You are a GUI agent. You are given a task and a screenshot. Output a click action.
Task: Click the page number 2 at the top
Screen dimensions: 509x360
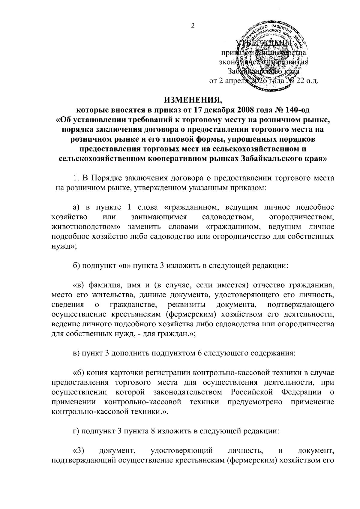point(193,26)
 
